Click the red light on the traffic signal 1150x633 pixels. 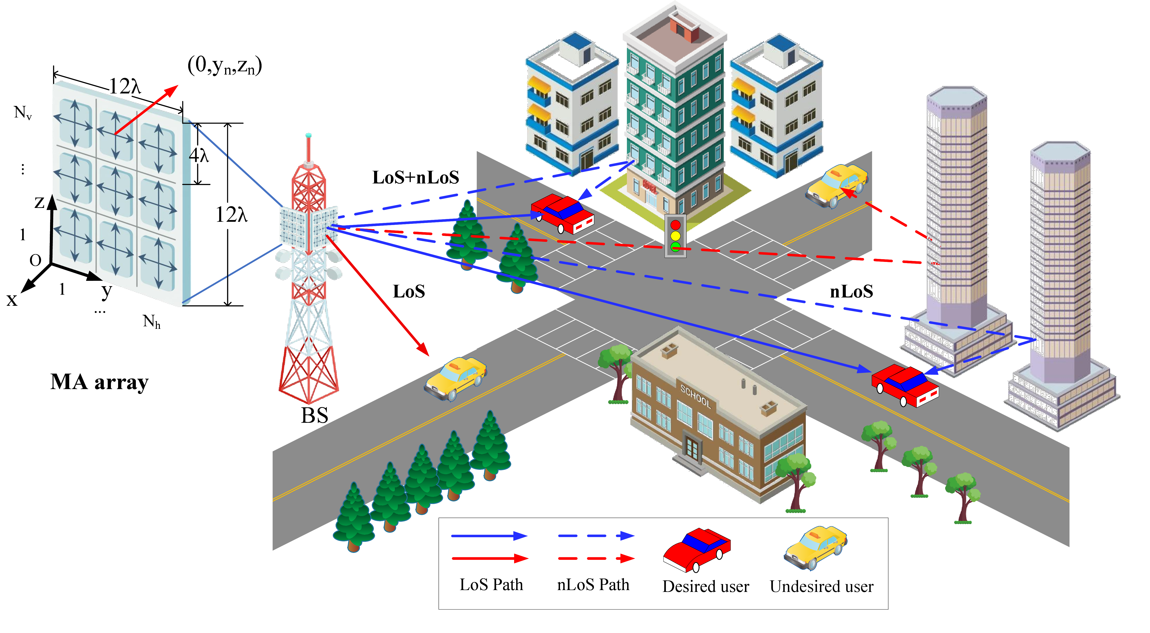pyautogui.click(x=676, y=224)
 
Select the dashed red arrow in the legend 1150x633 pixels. pyautogui.click(x=596, y=558)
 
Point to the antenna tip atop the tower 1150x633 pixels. pyautogui.click(x=308, y=135)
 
